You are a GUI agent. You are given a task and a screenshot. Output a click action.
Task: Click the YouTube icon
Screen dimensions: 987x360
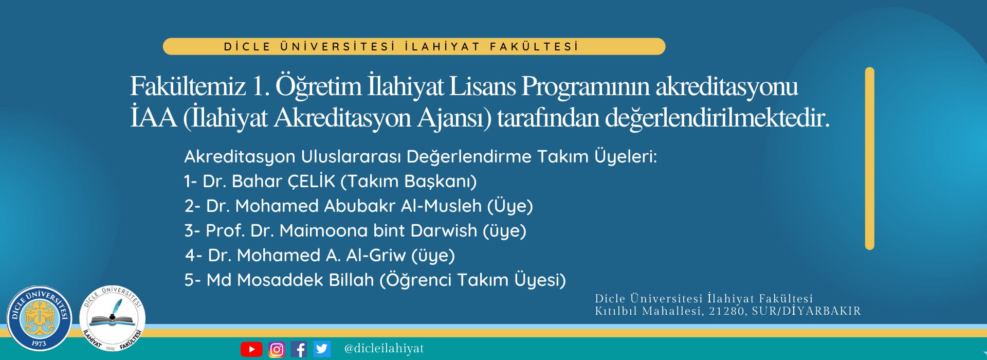click(251, 349)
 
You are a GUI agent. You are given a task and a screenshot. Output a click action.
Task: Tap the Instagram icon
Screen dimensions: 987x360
click(277, 349)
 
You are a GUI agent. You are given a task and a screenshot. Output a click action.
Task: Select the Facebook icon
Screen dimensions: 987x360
click(299, 349)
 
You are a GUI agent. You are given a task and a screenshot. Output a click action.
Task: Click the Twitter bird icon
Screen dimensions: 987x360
click(322, 349)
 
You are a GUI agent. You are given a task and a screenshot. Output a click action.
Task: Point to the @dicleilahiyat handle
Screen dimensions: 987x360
click(384, 348)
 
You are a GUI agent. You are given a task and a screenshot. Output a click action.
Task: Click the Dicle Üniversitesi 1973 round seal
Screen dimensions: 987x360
click(39, 319)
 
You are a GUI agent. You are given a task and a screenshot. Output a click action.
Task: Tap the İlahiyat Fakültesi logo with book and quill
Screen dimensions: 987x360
click(112, 319)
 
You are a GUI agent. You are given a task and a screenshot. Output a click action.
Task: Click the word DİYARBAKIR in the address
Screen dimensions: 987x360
click(821, 311)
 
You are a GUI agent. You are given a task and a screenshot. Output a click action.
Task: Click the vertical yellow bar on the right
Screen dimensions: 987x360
click(870, 158)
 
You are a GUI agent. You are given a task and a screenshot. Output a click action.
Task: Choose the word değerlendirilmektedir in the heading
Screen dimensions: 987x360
click(717, 117)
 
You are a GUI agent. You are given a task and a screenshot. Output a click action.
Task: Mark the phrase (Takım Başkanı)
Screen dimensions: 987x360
click(409, 181)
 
